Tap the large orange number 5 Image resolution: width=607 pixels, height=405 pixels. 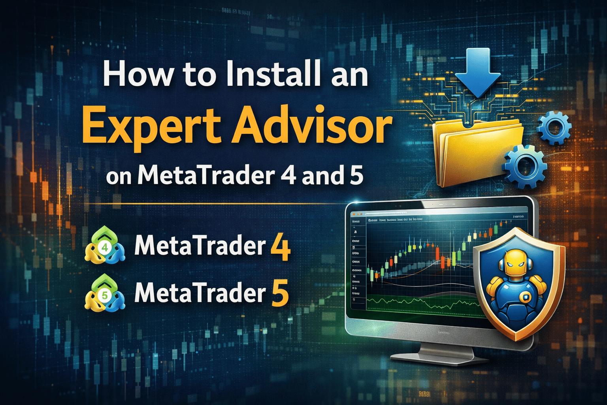(x=280, y=294)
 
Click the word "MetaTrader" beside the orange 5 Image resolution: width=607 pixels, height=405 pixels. (x=200, y=293)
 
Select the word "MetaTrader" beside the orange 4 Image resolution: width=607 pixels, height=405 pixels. (x=200, y=246)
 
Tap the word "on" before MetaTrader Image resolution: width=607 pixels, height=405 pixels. (x=119, y=177)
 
